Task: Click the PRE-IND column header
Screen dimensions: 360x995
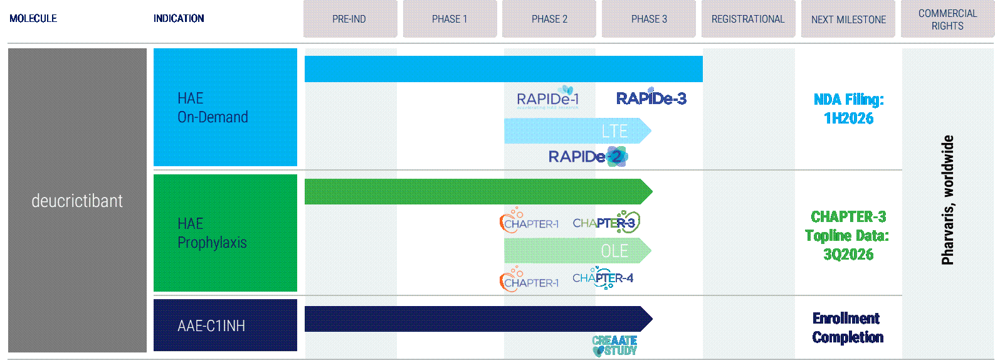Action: point(350,19)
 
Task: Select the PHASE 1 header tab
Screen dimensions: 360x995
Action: point(450,19)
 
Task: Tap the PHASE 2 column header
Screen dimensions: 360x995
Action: point(549,19)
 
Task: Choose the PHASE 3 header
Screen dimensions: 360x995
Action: point(649,19)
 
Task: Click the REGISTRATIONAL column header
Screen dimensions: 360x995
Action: point(748,19)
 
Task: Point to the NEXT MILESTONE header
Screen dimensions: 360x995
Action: point(848,19)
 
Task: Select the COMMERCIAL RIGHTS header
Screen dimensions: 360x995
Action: point(947,19)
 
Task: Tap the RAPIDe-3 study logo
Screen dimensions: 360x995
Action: point(651,98)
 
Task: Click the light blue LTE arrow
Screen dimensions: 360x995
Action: point(577,131)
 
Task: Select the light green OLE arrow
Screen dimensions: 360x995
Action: point(577,251)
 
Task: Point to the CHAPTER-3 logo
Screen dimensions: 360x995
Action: point(606,223)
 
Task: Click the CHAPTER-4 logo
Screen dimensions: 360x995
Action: point(603,278)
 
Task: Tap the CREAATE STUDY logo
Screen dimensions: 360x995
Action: point(614,345)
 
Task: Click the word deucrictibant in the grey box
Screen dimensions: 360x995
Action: point(77,201)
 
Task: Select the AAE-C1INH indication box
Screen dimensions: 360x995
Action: point(225,325)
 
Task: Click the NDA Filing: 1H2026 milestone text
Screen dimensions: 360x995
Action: point(848,109)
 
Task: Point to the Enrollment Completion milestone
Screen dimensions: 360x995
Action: point(848,327)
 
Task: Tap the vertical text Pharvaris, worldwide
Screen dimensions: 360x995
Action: point(947,199)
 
